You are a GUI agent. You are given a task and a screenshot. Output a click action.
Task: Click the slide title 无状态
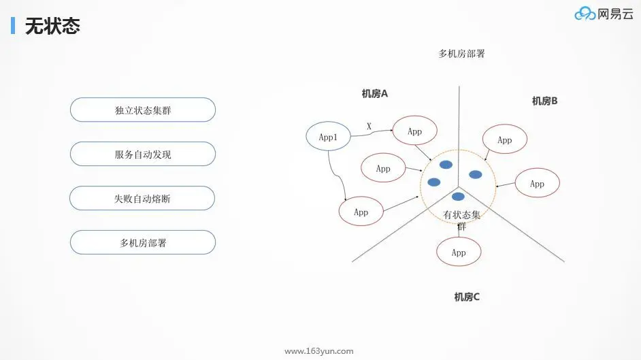click(52, 26)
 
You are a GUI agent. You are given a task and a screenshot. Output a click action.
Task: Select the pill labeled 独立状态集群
click(142, 110)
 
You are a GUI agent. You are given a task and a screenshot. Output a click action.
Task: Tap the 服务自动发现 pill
click(142, 154)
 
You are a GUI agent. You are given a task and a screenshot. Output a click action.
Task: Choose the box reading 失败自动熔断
click(142, 198)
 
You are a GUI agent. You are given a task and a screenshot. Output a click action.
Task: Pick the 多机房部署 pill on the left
click(142, 242)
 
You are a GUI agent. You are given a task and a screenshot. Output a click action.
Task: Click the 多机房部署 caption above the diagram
click(461, 54)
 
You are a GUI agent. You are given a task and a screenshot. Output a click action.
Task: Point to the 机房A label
click(374, 94)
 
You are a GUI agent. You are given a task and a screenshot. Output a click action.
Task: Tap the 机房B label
click(544, 101)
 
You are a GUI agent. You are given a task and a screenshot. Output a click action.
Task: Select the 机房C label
click(467, 297)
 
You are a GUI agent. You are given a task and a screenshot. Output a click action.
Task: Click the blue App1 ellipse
click(328, 137)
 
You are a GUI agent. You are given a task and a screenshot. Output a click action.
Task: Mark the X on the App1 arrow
click(369, 126)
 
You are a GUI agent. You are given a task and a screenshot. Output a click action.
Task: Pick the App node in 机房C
click(459, 252)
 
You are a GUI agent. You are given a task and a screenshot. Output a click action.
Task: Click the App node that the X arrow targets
click(414, 131)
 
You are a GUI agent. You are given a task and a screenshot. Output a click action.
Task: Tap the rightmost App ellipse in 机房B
click(537, 183)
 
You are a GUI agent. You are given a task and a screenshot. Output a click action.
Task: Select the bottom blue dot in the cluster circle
click(459, 197)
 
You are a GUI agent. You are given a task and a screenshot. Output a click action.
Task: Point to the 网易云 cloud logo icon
click(585, 14)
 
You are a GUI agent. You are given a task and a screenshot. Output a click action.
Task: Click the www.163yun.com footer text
click(318, 351)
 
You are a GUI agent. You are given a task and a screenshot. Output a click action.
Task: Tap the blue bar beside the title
click(13, 26)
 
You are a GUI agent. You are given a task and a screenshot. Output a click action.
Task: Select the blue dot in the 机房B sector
click(476, 174)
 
